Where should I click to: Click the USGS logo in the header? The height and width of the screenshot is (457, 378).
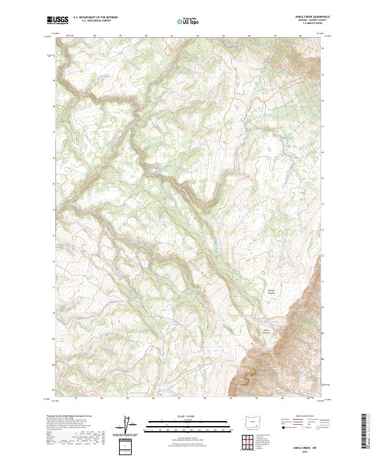coord(57,21)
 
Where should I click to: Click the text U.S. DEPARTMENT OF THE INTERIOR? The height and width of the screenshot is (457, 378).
coord(94,18)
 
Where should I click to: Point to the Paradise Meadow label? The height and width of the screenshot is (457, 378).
coord(270,291)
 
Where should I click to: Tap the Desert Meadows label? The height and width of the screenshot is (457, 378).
coord(267,330)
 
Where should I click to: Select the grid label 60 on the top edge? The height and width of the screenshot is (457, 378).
coord(146,36)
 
